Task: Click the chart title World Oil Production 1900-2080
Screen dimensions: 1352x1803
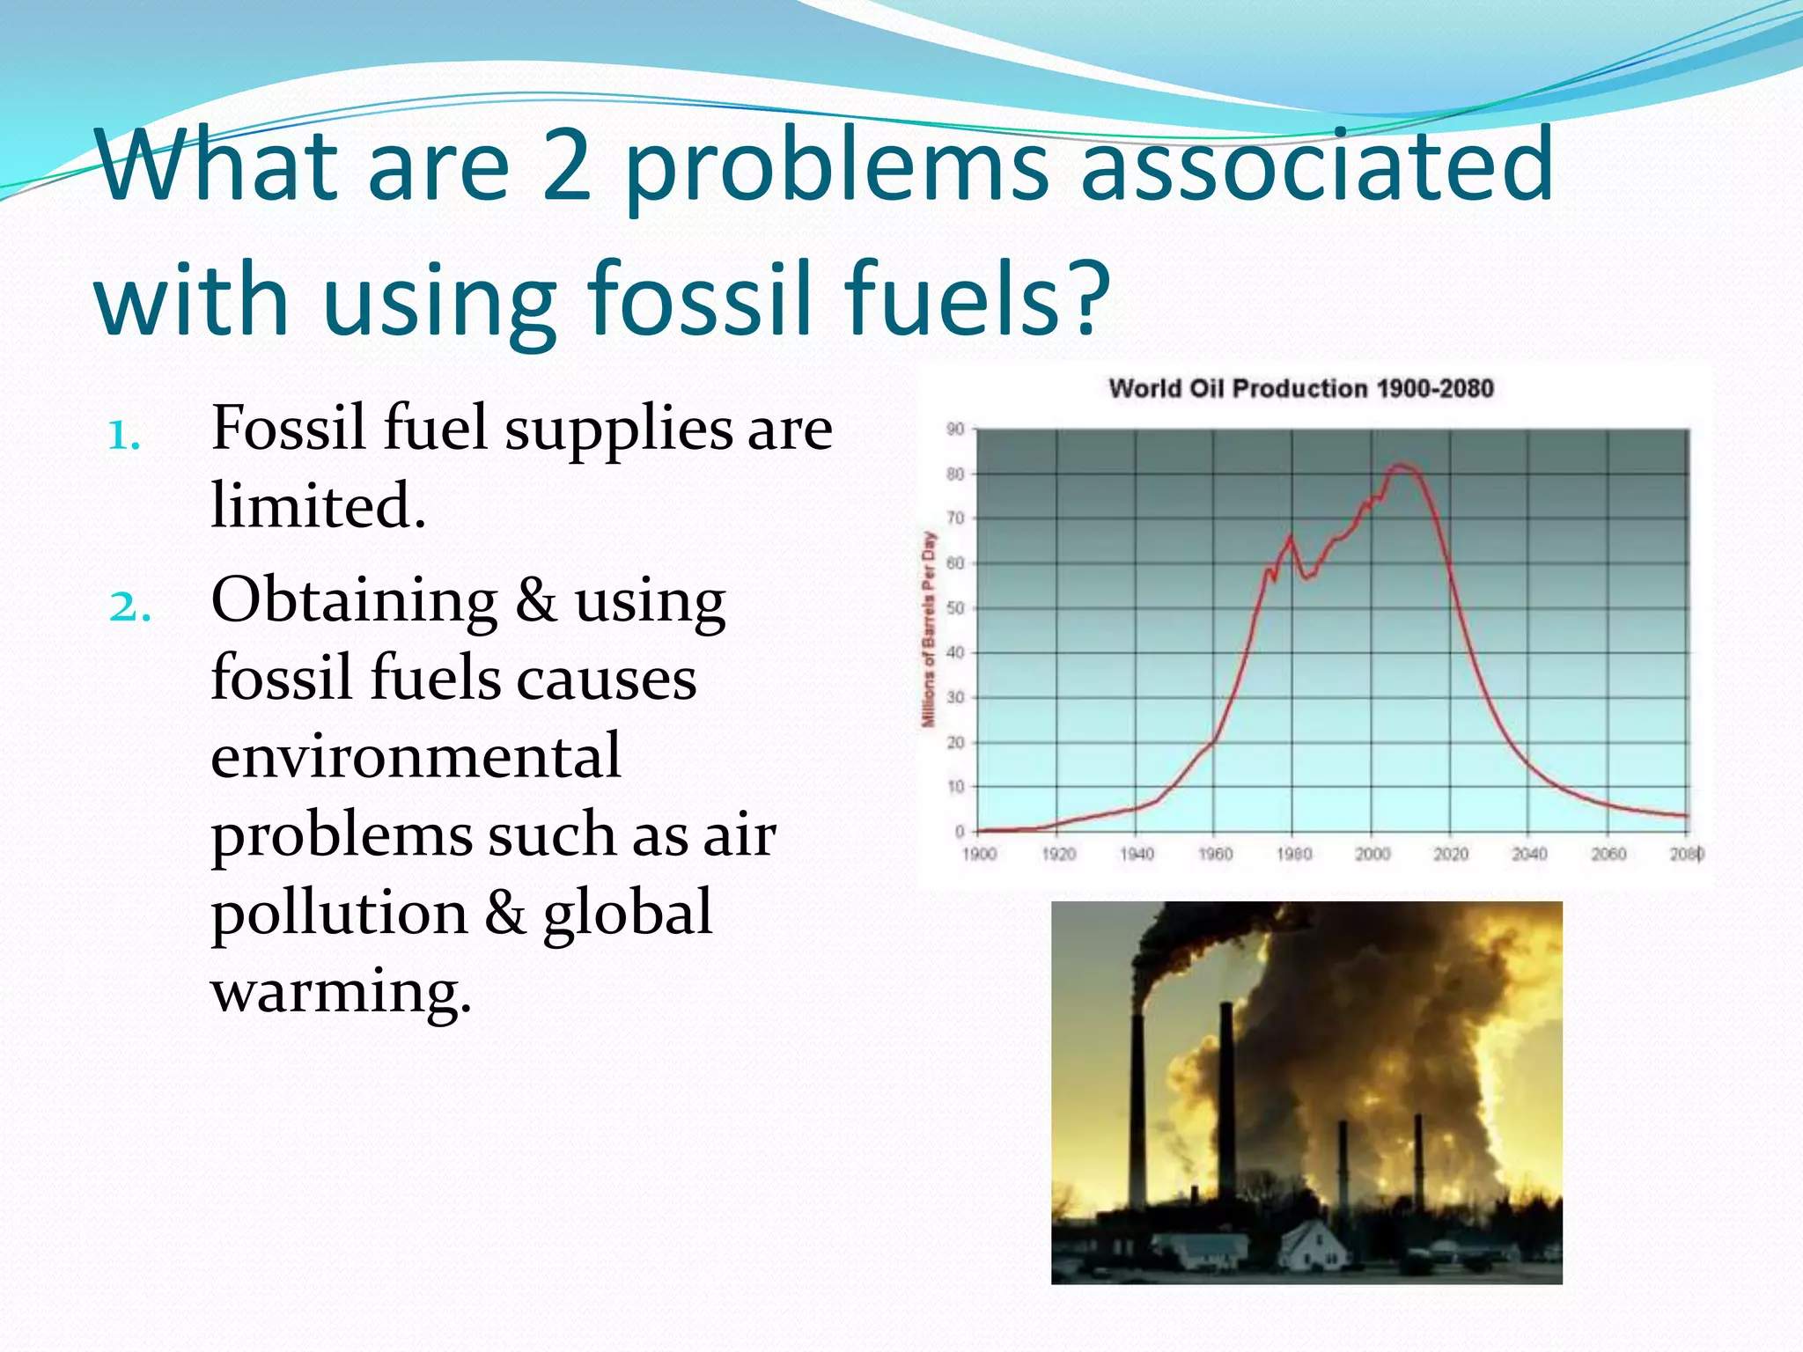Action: pyautogui.click(x=1300, y=388)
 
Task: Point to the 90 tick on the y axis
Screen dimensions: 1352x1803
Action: pyautogui.click(x=955, y=430)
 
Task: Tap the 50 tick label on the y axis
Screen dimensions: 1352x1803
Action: pyautogui.click(x=955, y=608)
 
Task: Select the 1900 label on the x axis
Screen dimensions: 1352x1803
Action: pyautogui.click(x=979, y=854)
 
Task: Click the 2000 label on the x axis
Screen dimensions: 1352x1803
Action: pyautogui.click(x=1372, y=854)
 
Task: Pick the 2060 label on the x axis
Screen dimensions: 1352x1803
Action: pyautogui.click(x=1608, y=854)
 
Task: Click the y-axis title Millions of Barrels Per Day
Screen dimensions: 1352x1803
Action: pyautogui.click(x=928, y=629)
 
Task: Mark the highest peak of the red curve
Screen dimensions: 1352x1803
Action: pyautogui.click(x=1400, y=465)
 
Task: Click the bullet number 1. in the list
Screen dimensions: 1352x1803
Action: pyautogui.click(x=123, y=435)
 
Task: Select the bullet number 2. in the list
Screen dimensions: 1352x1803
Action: pyautogui.click(x=129, y=606)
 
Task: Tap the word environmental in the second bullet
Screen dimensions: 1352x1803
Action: pyautogui.click(x=416, y=756)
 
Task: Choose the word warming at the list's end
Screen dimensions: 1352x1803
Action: pyautogui.click(x=341, y=991)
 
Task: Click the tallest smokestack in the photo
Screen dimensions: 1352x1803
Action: pyautogui.click(x=1137, y=1109)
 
